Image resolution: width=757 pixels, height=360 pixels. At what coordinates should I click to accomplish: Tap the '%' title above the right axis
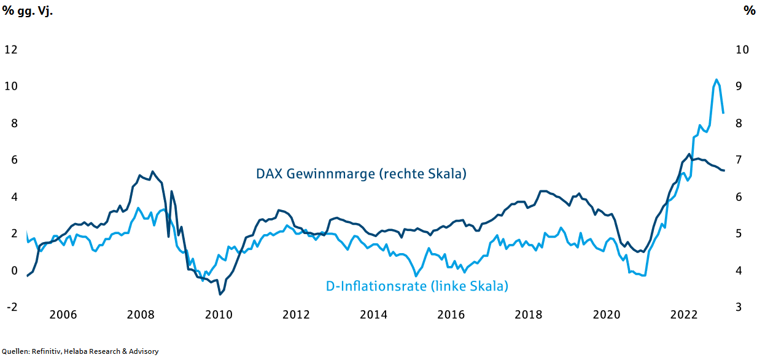click(749, 11)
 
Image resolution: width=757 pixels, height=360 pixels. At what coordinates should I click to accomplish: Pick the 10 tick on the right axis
click(742, 50)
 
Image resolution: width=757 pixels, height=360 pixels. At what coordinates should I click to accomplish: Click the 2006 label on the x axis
click(63, 315)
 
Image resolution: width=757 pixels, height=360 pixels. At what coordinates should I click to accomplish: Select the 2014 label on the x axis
click(373, 315)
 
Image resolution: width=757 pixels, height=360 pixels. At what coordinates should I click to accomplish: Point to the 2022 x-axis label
click(683, 315)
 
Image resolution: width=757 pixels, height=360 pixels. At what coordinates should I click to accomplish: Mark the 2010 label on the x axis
click(218, 315)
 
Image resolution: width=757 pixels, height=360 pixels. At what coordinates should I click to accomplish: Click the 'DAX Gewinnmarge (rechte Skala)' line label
click(362, 174)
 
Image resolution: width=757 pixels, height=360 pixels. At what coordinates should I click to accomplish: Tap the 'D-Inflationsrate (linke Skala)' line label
click(417, 286)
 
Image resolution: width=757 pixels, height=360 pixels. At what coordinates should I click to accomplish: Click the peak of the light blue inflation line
click(716, 79)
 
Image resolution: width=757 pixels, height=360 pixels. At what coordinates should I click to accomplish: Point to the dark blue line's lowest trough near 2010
click(220, 294)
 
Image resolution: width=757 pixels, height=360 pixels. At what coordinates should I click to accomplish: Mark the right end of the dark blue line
click(724, 170)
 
